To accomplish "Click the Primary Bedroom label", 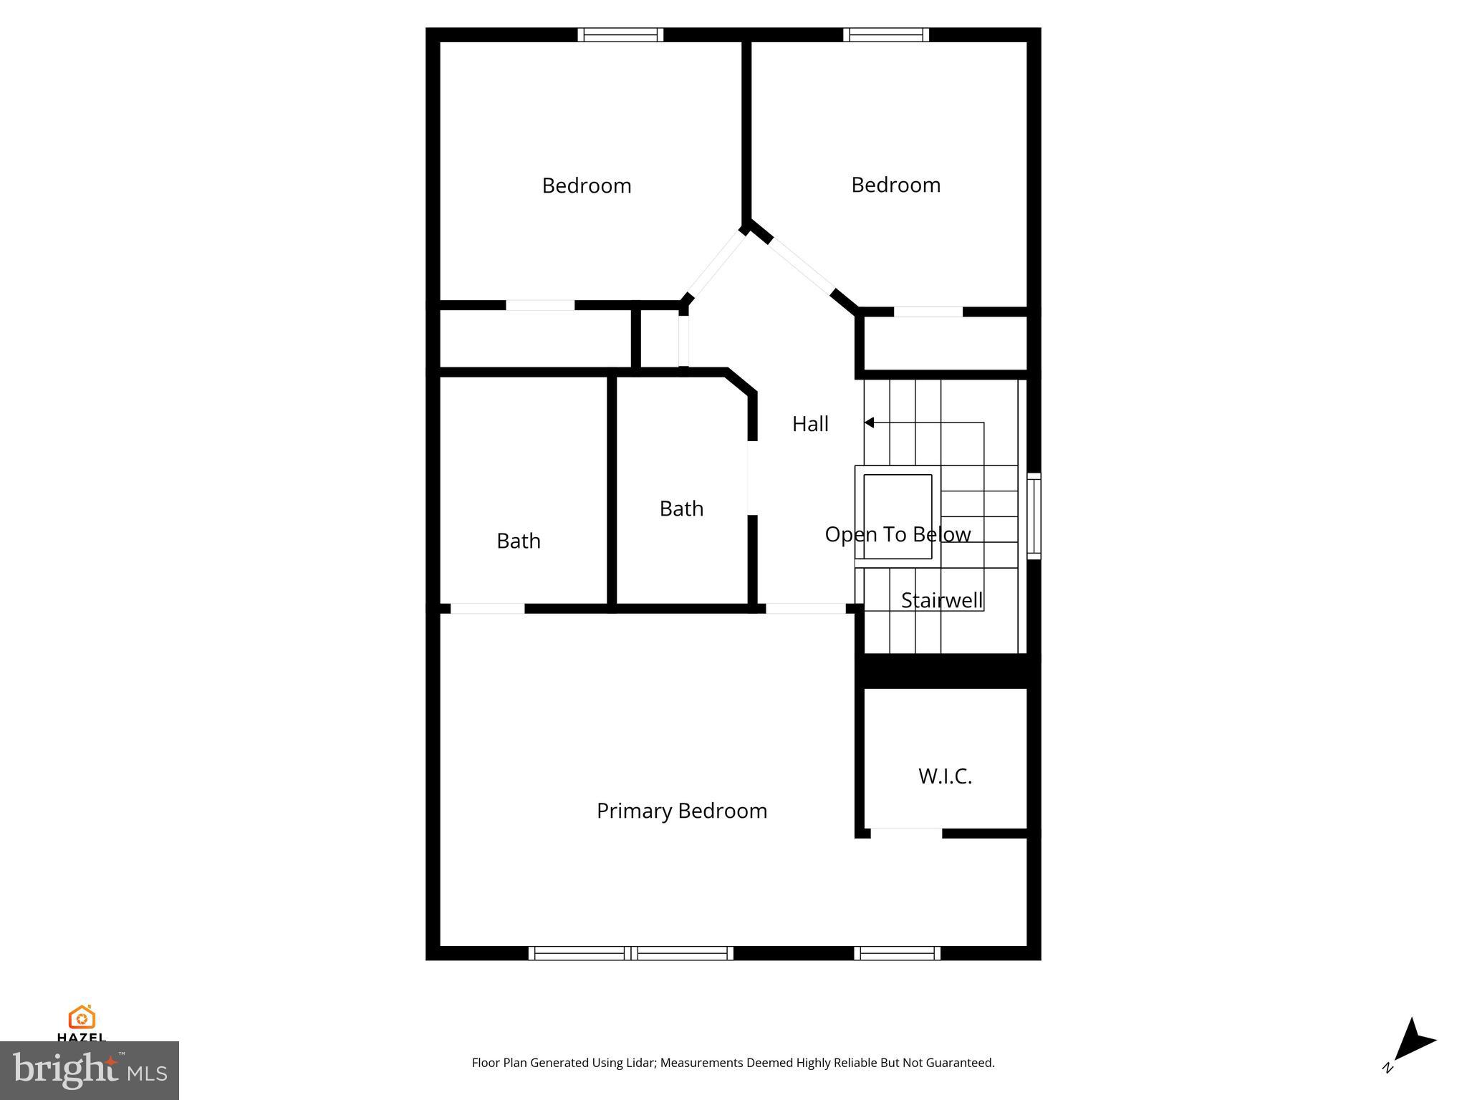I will click(x=681, y=811).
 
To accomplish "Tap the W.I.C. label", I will click(x=945, y=776).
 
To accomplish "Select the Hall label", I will click(x=810, y=424).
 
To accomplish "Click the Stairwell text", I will click(x=941, y=600).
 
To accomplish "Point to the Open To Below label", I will click(x=898, y=534).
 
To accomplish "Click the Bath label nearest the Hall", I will click(x=681, y=508).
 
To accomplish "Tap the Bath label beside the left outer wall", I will click(x=518, y=541).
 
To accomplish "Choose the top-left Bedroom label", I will click(x=586, y=185).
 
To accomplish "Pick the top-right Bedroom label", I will click(x=895, y=185).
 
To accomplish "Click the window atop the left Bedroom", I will click(x=620, y=34).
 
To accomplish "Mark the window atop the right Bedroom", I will click(x=885, y=34).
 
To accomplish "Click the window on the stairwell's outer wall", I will click(x=1034, y=516).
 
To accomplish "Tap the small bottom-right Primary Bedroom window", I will click(x=897, y=952).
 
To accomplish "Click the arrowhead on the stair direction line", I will click(x=869, y=423).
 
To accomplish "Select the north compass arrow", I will click(x=1415, y=1043).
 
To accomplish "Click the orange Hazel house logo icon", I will click(x=82, y=1017).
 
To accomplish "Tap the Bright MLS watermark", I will click(x=90, y=1071).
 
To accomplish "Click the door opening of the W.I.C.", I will click(x=906, y=833).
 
